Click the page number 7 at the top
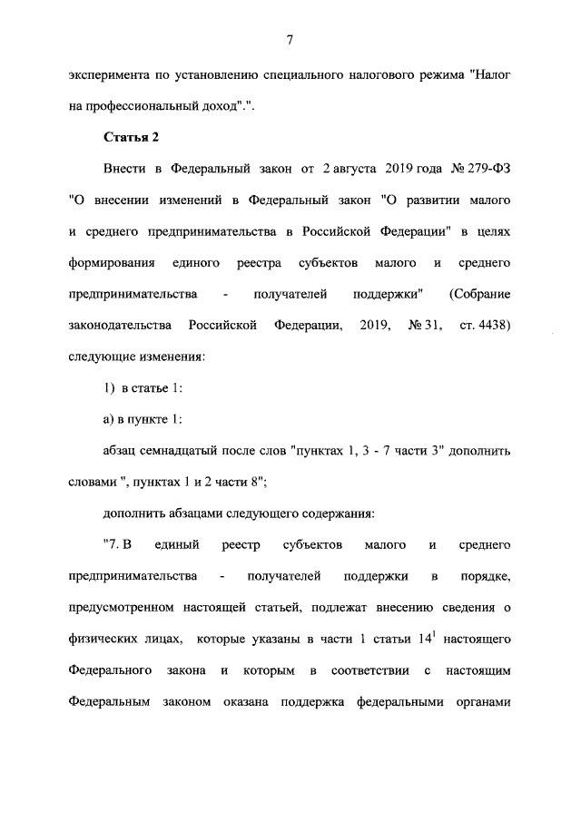(x=289, y=39)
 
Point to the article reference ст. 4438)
(x=485, y=325)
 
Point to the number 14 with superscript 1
(x=425, y=637)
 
